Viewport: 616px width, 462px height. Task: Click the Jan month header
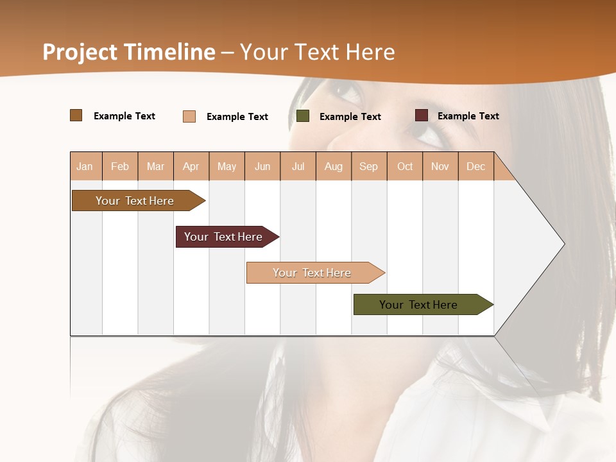click(x=85, y=167)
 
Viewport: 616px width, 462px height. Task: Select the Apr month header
click(x=191, y=167)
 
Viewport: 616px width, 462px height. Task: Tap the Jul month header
click(x=298, y=167)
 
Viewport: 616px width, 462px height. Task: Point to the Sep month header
click(x=368, y=167)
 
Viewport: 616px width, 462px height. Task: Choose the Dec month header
click(x=475, y=167)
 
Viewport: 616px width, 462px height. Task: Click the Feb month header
click(x=120, y=167)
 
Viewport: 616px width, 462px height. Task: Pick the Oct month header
click(x=405, y=167)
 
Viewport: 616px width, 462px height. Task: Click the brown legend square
click(x=76, y=116)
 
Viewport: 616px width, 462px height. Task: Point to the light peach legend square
click(x=189, y=116)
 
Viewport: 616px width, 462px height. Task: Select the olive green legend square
click(x=303, y=116)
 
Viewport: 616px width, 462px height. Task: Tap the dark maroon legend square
click(x=422, y=116)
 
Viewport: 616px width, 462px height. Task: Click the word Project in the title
click(x=80, y=52)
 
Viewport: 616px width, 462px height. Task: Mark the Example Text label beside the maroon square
click(x=468, y=116)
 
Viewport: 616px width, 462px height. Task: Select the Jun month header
click(x=262, y=167)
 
